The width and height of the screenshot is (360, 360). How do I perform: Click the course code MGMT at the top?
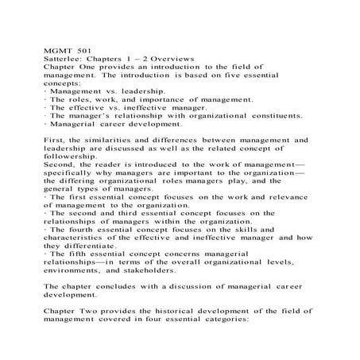(59, 50)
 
